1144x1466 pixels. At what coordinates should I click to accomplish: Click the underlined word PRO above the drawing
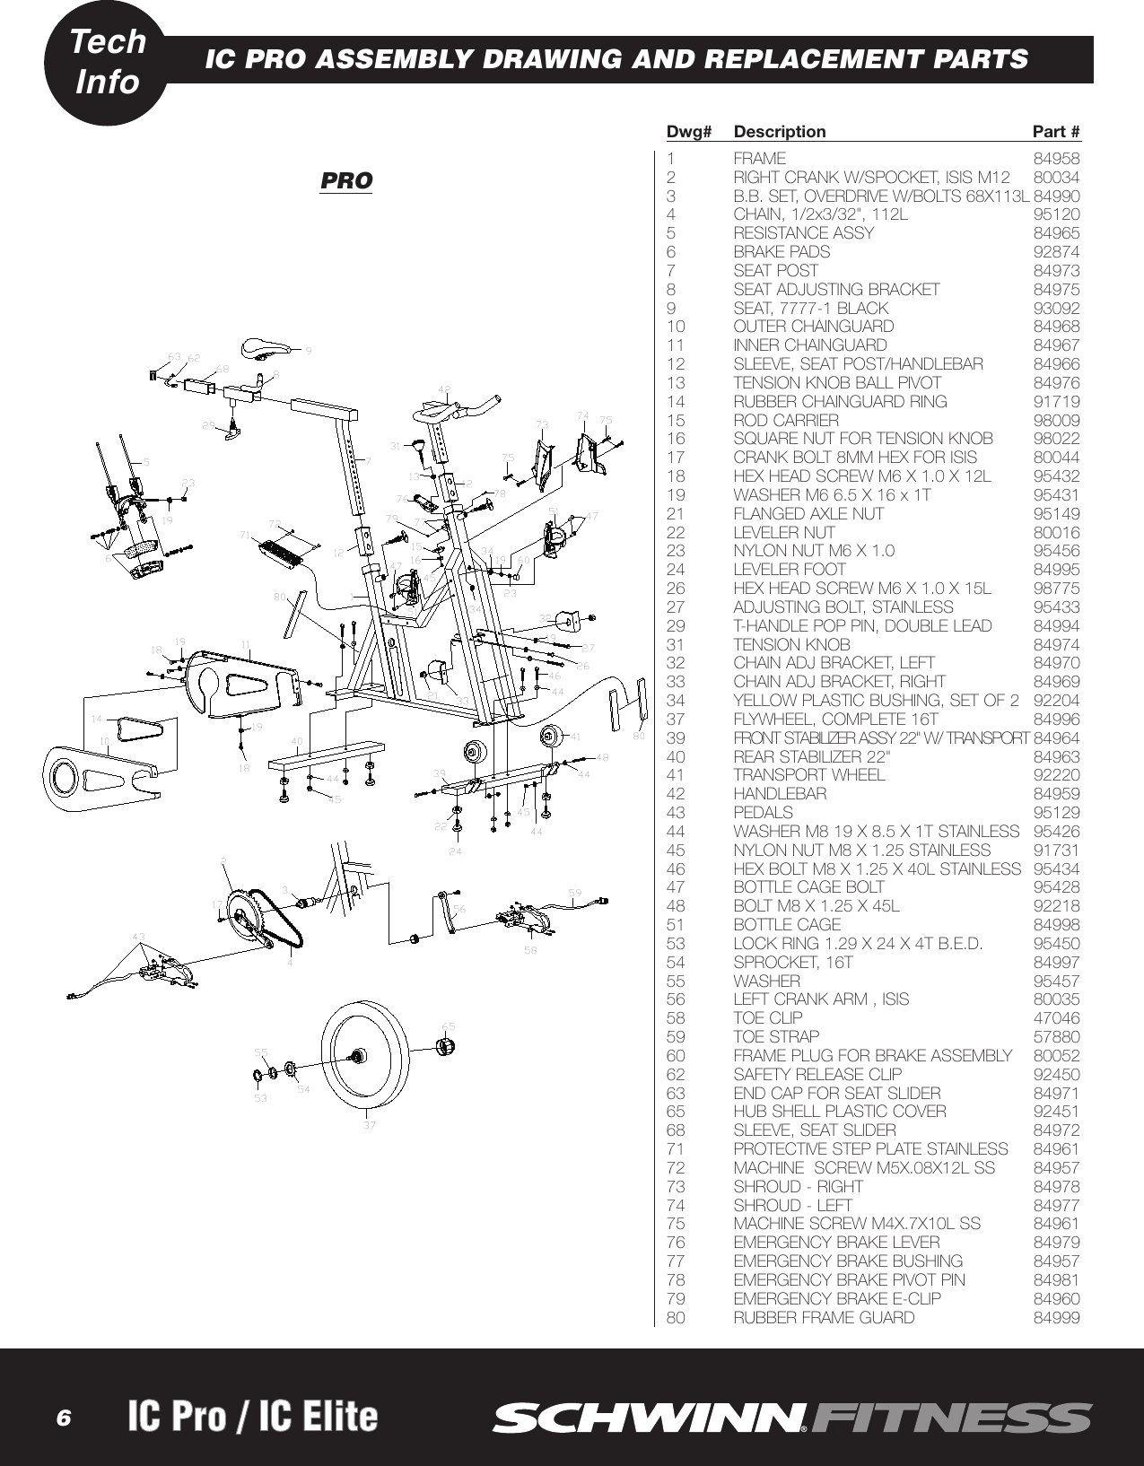point(346,180)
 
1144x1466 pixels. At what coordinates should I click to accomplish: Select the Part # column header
point(1056,132)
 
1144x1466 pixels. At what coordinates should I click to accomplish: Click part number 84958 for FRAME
point(1057,158)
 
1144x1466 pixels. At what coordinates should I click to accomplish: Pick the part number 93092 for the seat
point(1057,308)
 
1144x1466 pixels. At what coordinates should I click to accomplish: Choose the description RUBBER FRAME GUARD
point(824,1317)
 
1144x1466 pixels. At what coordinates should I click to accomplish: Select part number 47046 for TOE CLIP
point(1057,1017)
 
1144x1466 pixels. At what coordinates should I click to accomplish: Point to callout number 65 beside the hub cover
point(449,1025)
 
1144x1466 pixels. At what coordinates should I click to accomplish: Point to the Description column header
point(779,132)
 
